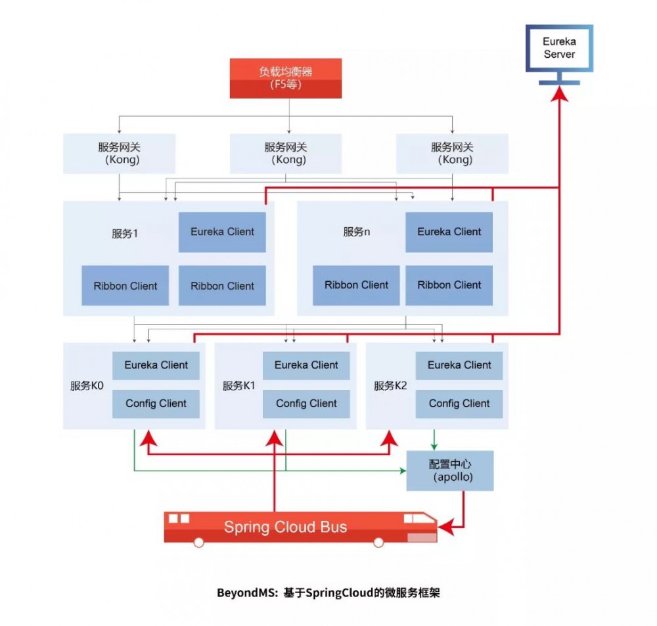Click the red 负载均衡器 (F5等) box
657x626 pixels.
click(x=286, y=78)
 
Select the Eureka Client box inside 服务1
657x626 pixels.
click(x=222, y=232)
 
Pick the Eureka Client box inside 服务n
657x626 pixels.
click(x=449, y=232)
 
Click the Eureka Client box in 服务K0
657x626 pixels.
click(x=156, y=365)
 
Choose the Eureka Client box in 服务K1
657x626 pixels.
click(x=306, y=365)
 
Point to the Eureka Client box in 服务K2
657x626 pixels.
click(x=459, y=365)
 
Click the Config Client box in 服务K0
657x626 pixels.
click(x=156, y=404)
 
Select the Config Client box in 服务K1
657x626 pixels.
click(x=306, y=404)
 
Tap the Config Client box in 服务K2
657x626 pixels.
click(x=459, y=404)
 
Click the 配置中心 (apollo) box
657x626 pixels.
click(x=450, y=470)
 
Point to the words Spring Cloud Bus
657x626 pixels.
click(x=285, y=527)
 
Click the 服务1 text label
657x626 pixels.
click(x=124, y=233)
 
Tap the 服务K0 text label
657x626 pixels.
click(x=87, y=386)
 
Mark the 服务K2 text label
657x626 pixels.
click(x=390, y=386)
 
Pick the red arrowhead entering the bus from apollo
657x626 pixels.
click(x=445, y=526)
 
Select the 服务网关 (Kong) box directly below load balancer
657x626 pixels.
click(x=285, y=154)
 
